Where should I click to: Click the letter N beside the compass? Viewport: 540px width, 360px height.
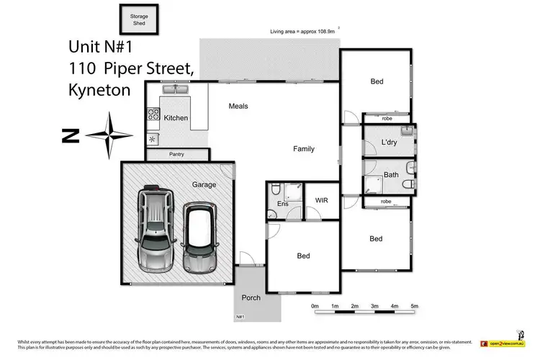click(70, 135)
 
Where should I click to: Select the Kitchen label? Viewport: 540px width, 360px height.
click(176, 117)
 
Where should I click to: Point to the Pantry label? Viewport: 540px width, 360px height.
click(177, 154)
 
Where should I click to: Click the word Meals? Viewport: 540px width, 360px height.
click(238, 106)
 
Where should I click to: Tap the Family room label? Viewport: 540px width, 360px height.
click(303, 149)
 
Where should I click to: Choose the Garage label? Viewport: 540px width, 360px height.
click(204, 184)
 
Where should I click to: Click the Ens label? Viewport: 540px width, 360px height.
click(282, 213)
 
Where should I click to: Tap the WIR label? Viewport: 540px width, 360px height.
click(321, 200)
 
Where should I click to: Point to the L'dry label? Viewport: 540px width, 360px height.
click(390, 142)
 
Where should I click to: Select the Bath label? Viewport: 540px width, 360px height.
click(391, 174)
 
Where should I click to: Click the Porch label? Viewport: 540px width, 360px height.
click(251, 297)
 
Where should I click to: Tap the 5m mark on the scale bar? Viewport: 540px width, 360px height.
click(414, 306)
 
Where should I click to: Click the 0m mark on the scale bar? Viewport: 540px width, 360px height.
click(315, 306)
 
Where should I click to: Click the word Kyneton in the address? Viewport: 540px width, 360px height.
click(101, 91)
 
